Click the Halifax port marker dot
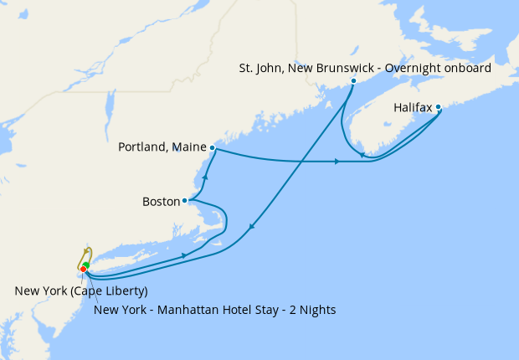(439, 107)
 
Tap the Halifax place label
(413, 109)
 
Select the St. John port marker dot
(353, 81)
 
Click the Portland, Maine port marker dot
(213, 147)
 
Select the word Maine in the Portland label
(191, 147)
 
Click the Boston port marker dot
(185, 201)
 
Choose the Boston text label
(162, 202)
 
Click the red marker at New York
(83, 269)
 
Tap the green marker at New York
(87, 265)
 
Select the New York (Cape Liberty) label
(81, 291)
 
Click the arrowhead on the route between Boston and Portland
(205, 177)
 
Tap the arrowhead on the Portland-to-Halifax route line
(337, 161)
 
